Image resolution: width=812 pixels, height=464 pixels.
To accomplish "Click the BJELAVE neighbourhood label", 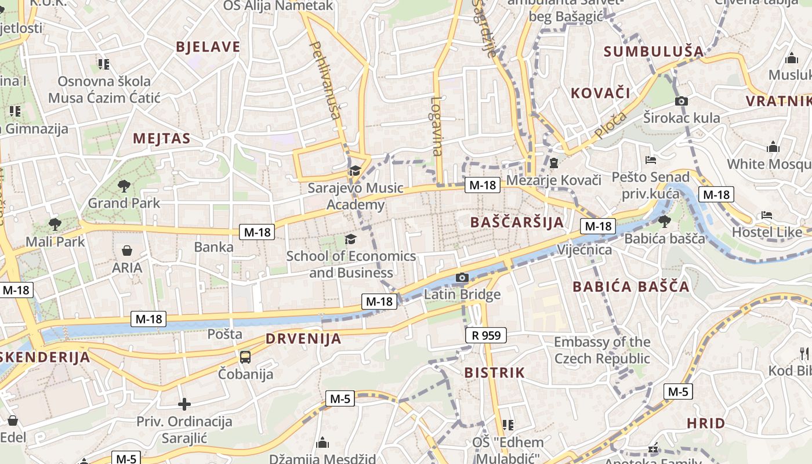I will click(208, 47).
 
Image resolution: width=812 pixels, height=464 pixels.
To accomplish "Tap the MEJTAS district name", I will click(162, 138).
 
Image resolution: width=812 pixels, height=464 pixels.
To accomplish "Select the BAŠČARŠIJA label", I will click(517, 222).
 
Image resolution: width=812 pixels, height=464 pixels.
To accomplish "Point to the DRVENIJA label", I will click(303, 339).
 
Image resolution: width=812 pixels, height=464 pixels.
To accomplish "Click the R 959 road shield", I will click(485, 335).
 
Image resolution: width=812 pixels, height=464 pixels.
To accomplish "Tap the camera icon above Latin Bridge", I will click(462, 278).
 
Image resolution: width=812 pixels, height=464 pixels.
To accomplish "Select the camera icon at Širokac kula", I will click(681, 101).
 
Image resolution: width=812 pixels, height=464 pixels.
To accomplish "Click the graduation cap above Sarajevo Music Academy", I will click(354, 171).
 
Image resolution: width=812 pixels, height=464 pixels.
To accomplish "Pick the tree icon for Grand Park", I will click(124, 186).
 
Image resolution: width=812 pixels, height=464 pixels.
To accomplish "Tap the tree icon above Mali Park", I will click(55, 224).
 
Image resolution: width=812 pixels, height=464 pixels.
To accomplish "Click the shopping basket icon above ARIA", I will click(127, 251).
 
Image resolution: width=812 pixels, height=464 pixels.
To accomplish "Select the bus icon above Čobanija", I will click(245, 357).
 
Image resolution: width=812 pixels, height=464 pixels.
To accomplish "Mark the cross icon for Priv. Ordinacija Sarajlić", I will click(184, 404).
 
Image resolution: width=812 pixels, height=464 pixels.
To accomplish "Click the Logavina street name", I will click(436, 126).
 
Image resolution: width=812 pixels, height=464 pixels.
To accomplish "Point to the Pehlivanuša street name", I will click(325, 79).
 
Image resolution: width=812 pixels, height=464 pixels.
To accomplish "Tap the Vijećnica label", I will click(584, 249).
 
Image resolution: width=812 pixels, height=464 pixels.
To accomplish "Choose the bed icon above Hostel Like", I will click(766, 215).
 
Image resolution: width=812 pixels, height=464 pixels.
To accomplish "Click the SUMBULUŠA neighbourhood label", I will click(654, 52).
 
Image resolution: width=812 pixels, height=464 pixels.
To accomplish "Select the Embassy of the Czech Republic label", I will click(602, 350).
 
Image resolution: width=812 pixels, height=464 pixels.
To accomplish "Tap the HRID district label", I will click(706, 423).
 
